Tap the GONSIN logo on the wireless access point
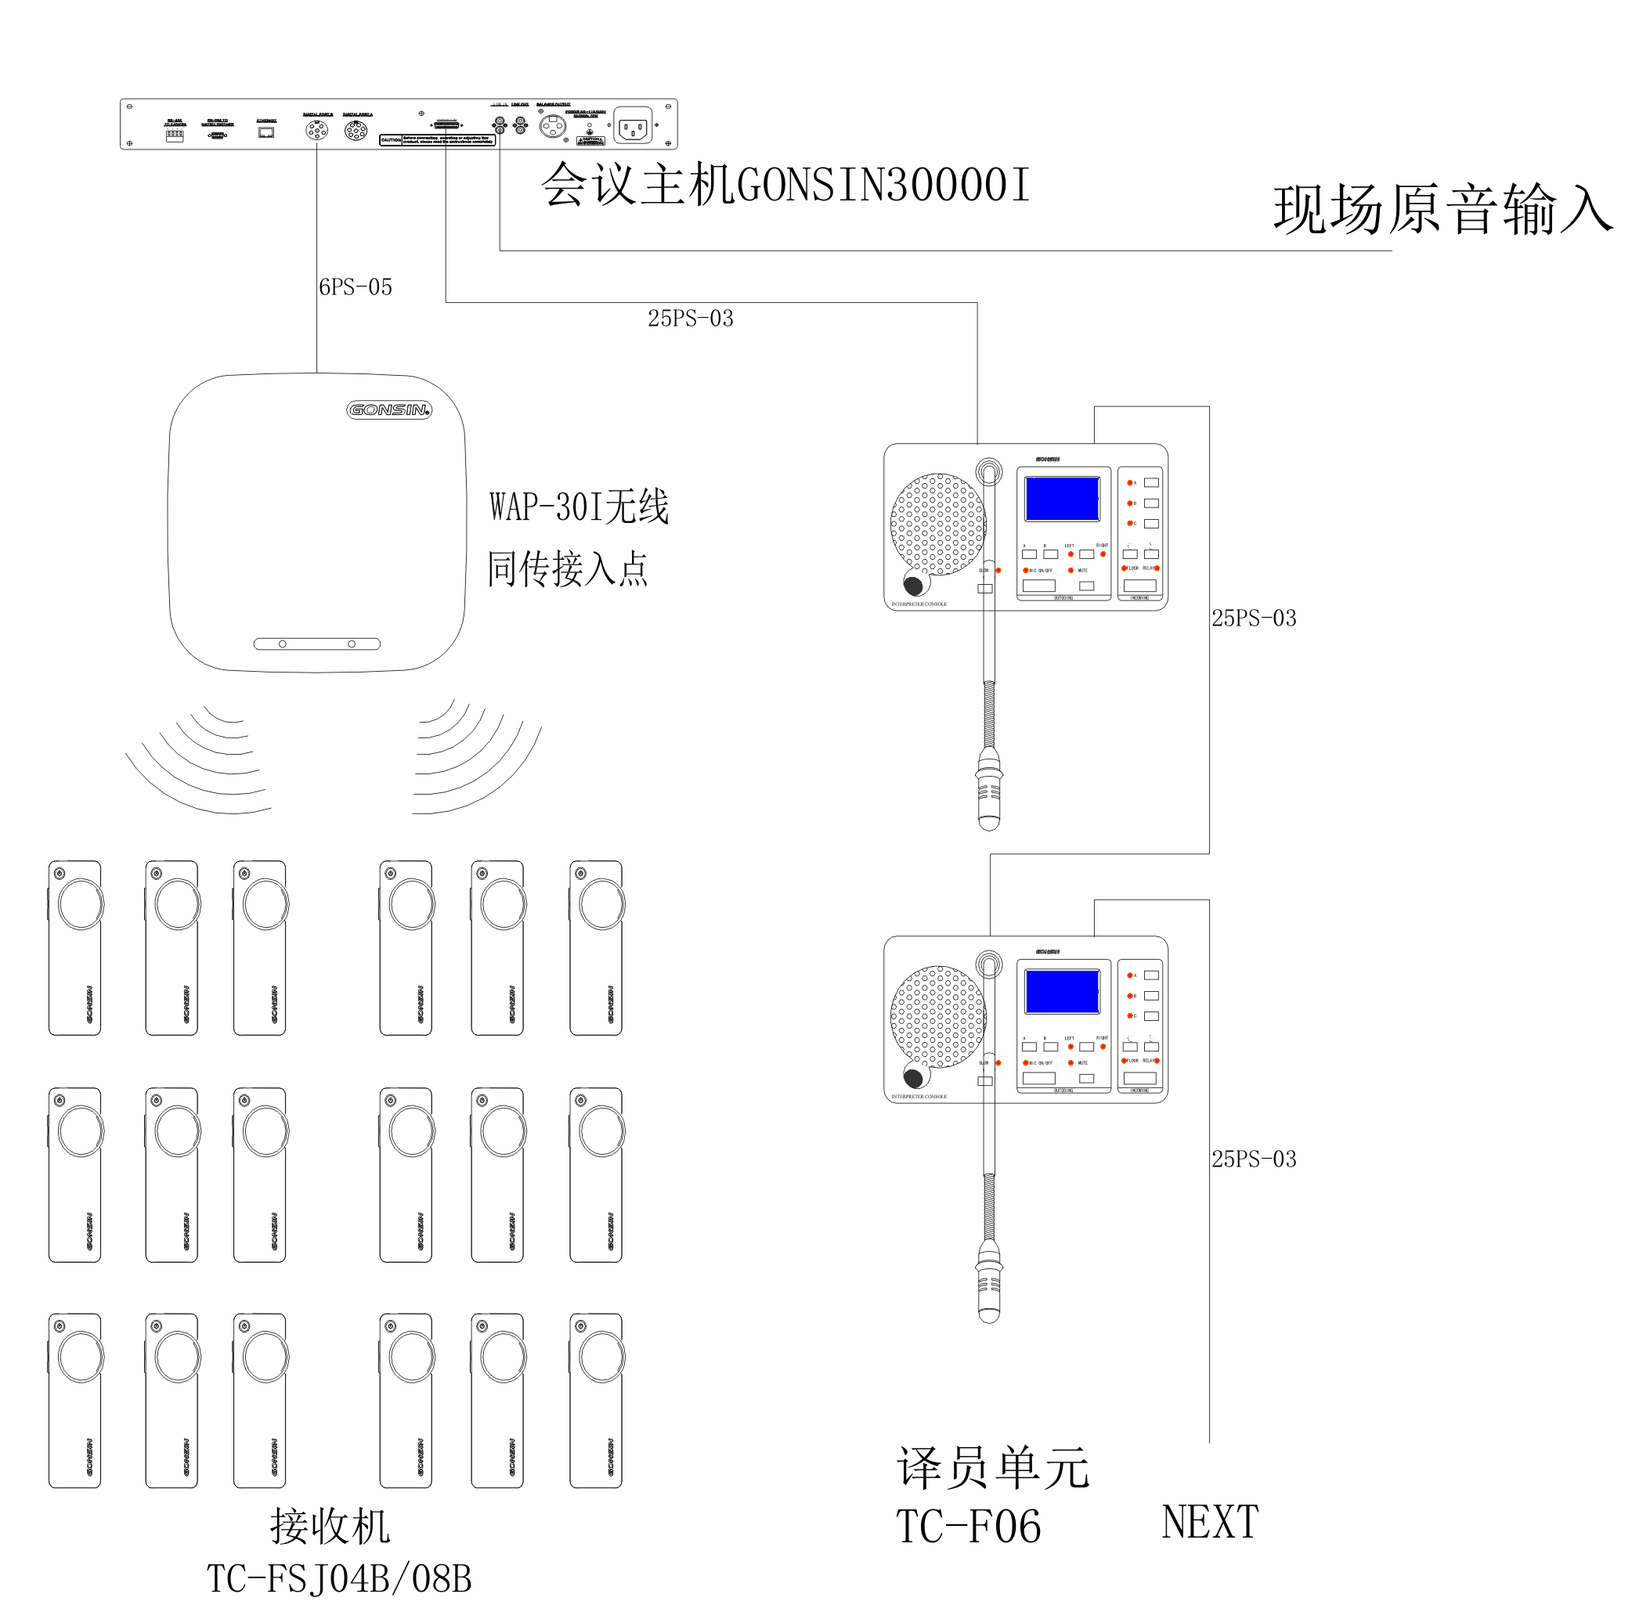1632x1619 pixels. [388, 409]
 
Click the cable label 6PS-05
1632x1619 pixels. [355, 287]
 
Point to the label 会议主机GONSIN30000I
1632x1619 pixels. [785, 185]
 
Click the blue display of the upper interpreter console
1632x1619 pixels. [1062, 498]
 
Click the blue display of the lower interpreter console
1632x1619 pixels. [1062, 990]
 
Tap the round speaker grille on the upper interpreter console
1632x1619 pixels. [937, 524]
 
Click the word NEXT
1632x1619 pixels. [1210, 1522]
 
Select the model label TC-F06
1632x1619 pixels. [968, 1527]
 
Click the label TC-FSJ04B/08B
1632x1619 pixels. [339, 1578]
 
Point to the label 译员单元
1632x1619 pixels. [992, 1469]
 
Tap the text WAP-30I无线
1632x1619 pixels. [579, 507]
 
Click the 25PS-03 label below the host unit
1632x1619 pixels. [690, 319]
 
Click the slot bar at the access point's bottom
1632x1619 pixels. [317, 644]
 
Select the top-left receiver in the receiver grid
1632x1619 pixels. [75, 947]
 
